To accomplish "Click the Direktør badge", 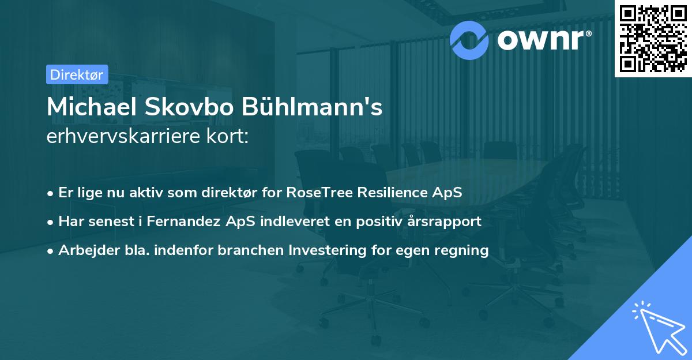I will point(77,74).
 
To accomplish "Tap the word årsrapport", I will point(446,221).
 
